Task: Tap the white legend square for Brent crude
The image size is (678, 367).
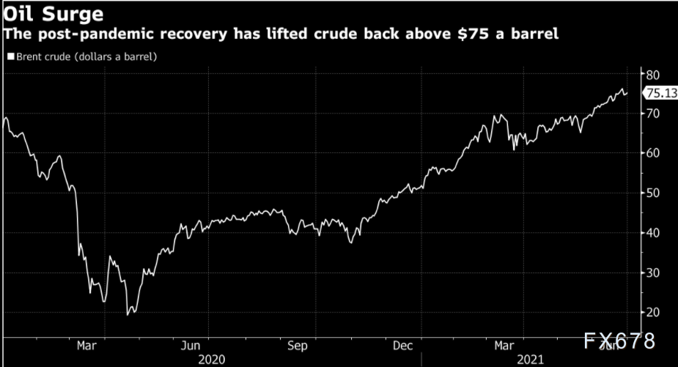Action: coord(9,56)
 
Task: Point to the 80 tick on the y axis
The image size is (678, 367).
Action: coord(651,75)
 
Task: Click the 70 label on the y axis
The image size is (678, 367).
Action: coord(651,114)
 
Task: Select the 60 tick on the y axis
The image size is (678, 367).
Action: coord(651,153)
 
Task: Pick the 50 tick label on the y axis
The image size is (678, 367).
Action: coord(651,193)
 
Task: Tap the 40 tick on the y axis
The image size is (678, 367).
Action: coord(651,233)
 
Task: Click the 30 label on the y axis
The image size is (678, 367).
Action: coord(651,273)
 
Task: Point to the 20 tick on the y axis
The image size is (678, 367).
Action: coord(651,312)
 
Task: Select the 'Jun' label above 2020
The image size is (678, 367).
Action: coord(191,344)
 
